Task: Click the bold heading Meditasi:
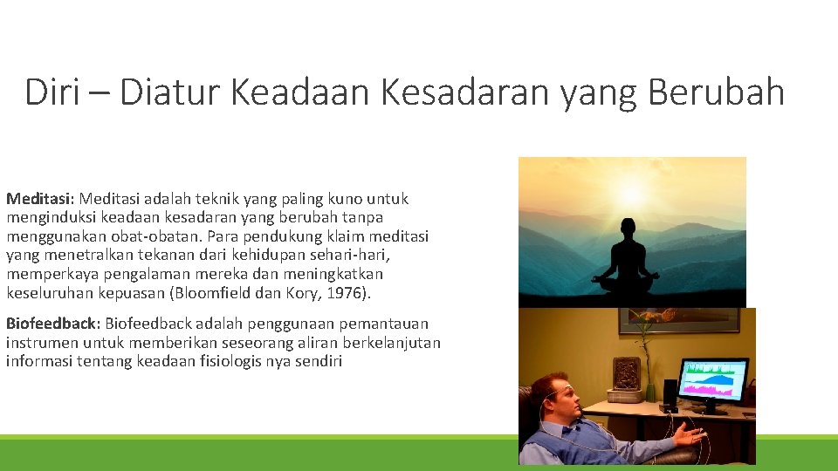tap(42, 199)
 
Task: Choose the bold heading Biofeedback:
tap(53, 323)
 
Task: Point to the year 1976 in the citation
tap(354, 293)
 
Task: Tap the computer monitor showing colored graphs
tap(713, 382)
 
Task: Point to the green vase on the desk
tap(649, 392)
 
